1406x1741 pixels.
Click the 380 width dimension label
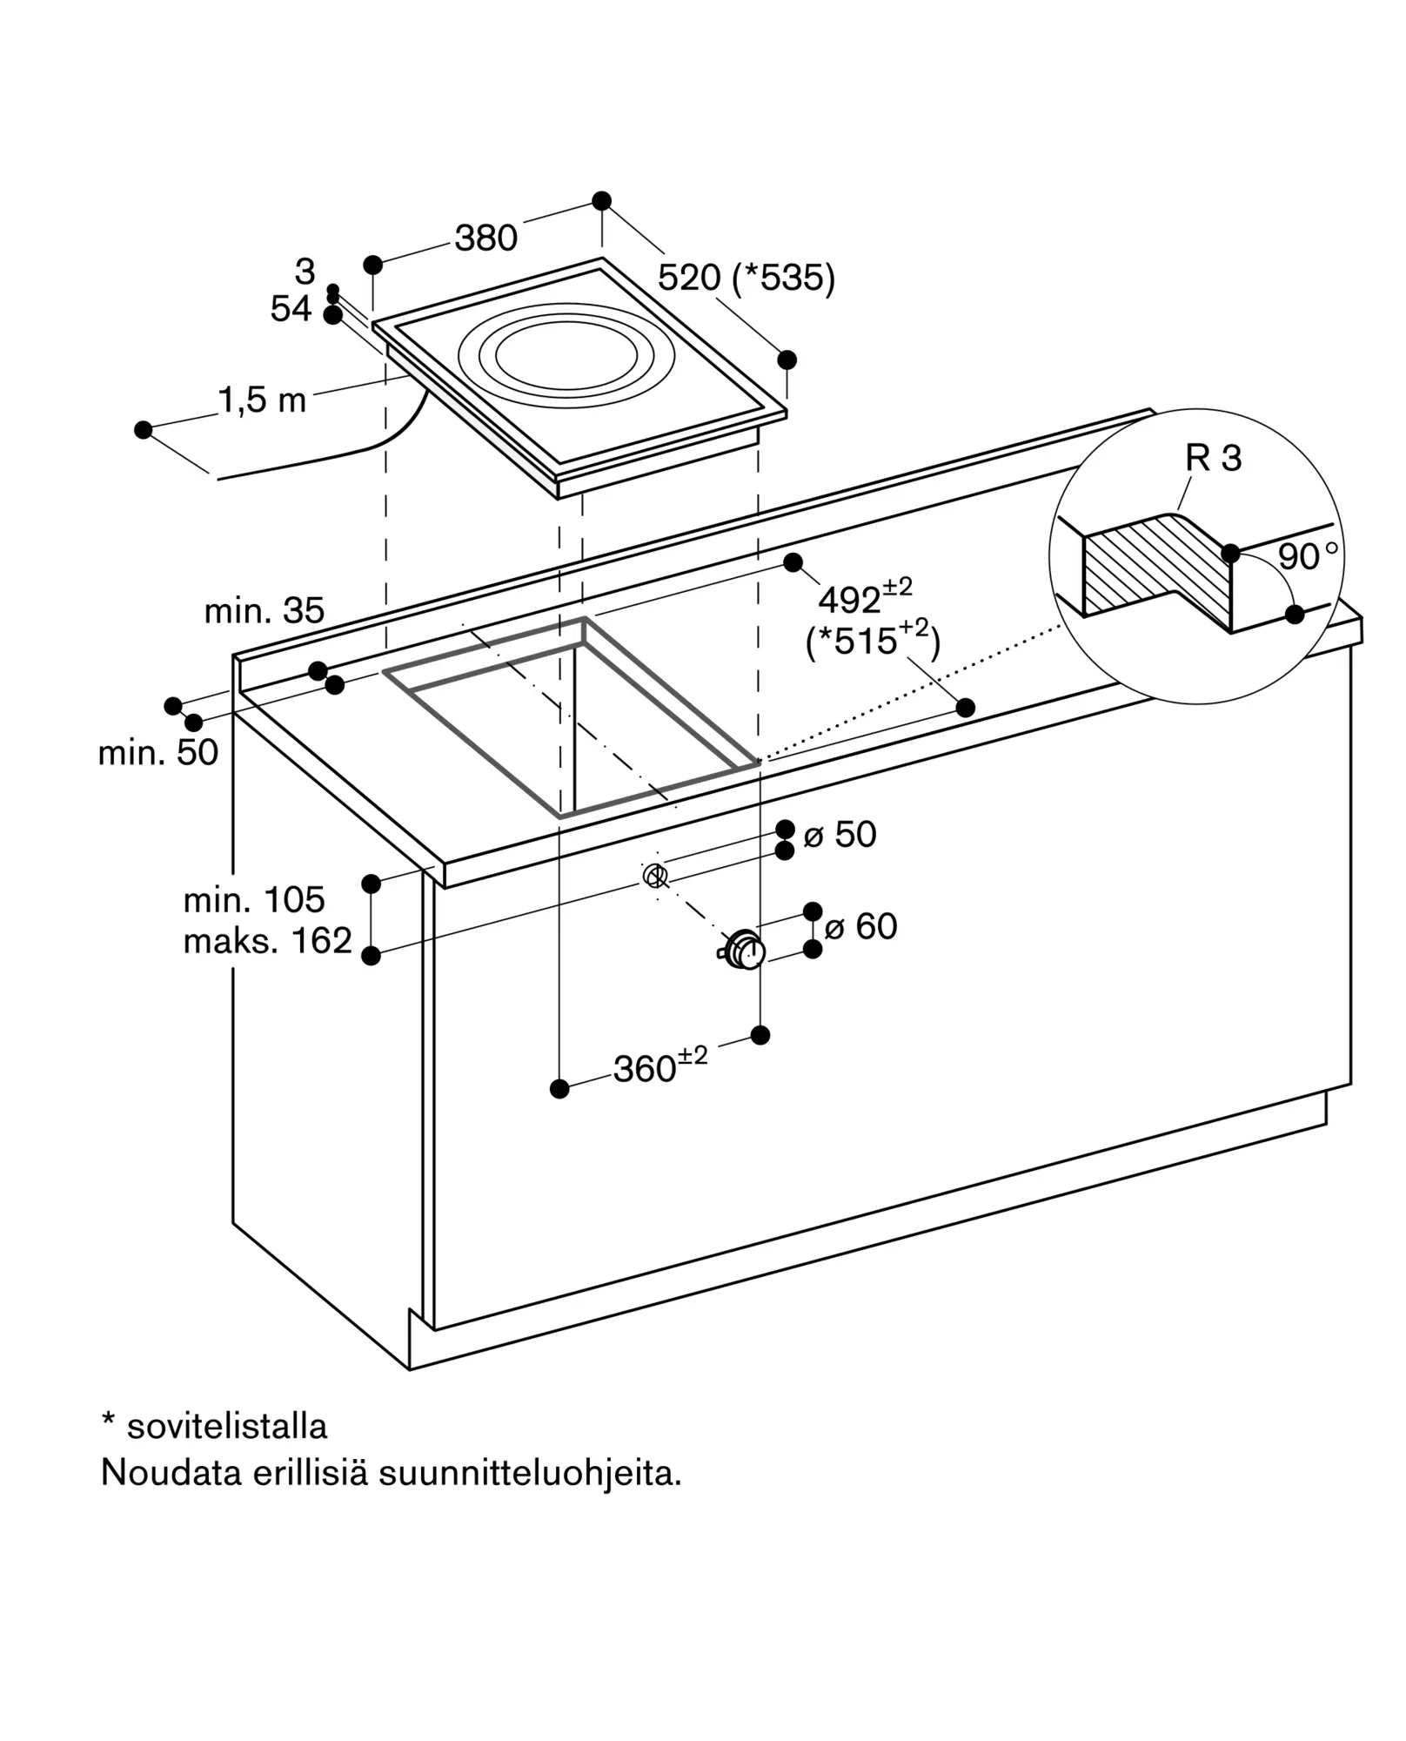[486, 238]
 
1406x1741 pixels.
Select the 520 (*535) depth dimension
[747, 278]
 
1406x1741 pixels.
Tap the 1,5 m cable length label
[262, 400]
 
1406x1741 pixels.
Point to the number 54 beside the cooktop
[291, 309]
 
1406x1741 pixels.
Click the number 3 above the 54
[305, 272]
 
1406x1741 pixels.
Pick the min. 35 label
[264, 611]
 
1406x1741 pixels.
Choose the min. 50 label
[158, 752]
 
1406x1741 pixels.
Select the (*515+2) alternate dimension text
[873, 640]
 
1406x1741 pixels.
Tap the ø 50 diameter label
[840, 834]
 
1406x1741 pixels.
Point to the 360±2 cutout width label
[660, 1065]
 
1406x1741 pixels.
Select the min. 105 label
[254, 899]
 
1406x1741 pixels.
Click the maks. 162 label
[268, 940]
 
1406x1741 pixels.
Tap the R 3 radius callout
[1213, 458]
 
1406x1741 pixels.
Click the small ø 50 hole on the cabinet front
[655, 875]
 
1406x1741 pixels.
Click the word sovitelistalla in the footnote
[227, 1426]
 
